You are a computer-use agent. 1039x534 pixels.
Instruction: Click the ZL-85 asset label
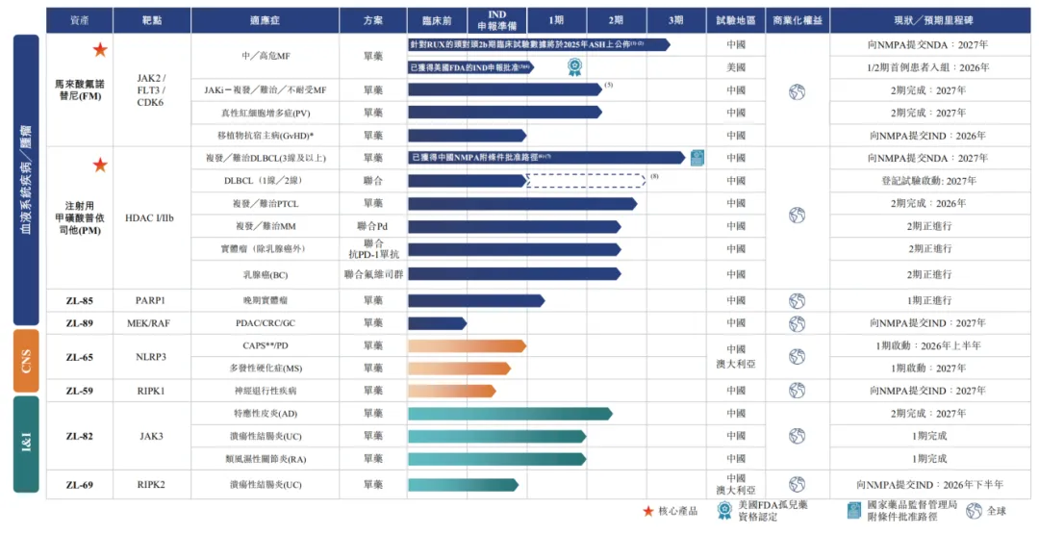[x=80, y=300]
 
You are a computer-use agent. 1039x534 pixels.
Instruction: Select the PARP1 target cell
[x=151, y=300]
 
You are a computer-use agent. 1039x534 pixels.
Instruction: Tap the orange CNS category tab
[x=26, y=361]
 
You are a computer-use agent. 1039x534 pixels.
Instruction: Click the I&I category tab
[x=26, y=444]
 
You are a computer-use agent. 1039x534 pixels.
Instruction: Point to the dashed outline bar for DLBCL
[x=586, y=180]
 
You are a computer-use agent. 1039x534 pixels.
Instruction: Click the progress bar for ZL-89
[x=437, y=323]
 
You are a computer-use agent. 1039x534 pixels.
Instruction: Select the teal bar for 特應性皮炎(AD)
[x=510, y=414]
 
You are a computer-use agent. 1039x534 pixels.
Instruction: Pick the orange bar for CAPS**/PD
[x=467, y=345]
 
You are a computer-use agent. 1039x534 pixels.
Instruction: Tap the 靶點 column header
[x=151, y=20]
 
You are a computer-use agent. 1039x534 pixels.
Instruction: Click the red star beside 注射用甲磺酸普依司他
[x=100, y=165]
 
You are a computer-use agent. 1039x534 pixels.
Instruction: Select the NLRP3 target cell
[x=151, y=357]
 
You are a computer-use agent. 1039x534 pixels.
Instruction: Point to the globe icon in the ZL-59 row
[x=797, y=391]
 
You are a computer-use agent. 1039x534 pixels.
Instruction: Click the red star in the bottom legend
[x=648, y=511]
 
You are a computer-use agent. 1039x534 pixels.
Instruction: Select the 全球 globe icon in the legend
[x=974, y=511]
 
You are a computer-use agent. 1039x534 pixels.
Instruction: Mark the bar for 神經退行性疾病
[x=451, y=391]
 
